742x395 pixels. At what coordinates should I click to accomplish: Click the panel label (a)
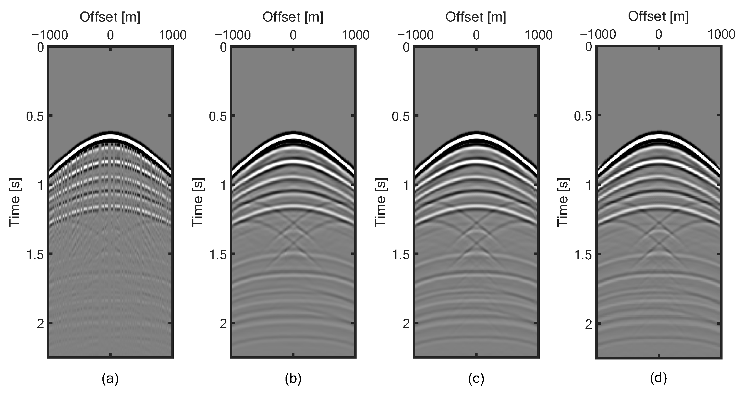click(x=110, y=379)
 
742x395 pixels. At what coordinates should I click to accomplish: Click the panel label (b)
click(x=293, y=379)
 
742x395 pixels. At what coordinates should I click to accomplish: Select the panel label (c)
click(x=476, y=379)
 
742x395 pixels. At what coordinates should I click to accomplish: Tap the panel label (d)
click(x=658, y=378)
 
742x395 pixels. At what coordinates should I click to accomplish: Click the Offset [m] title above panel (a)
click(x=110, y=17)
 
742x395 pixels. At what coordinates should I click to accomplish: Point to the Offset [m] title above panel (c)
click(x=476, y=17)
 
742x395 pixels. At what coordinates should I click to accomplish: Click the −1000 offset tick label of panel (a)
click(x=50, y=36)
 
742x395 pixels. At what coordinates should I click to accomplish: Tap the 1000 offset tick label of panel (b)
click(x=356, y=36)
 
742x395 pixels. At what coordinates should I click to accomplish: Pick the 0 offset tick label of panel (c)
click(x=476, y=36)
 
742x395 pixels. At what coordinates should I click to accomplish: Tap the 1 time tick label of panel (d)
click(x=588, y=185)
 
